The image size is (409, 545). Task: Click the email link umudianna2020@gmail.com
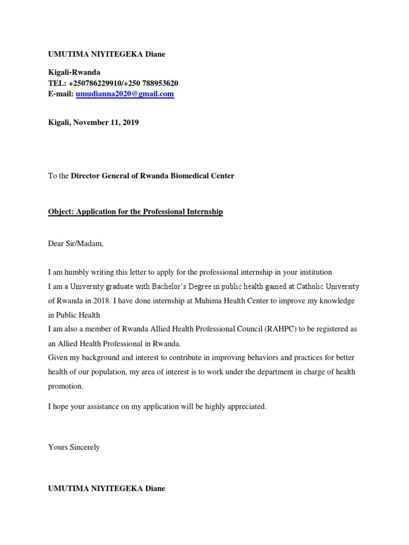click(x=125, y=94)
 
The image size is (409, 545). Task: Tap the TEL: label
click(x=56, y=83)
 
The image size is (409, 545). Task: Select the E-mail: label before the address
click(x=61, y=94)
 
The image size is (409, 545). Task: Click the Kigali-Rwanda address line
click(x=73, y=72)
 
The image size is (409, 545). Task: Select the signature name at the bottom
click(x=107, y=488)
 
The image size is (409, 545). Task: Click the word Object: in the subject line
click(x=61, y=212)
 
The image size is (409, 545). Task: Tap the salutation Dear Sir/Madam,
click(x=76, y=244)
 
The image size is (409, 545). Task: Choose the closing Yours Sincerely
click(x=74, y=447)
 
